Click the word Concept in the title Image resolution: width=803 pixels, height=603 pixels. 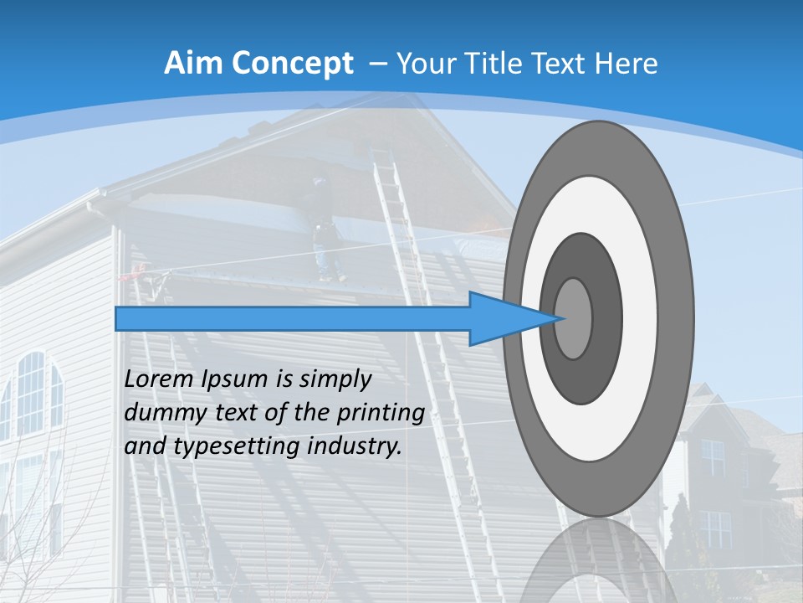[293, 64]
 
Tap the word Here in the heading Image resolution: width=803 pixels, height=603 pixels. [627, 64]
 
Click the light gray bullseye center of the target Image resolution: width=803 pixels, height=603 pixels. [574, 318]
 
